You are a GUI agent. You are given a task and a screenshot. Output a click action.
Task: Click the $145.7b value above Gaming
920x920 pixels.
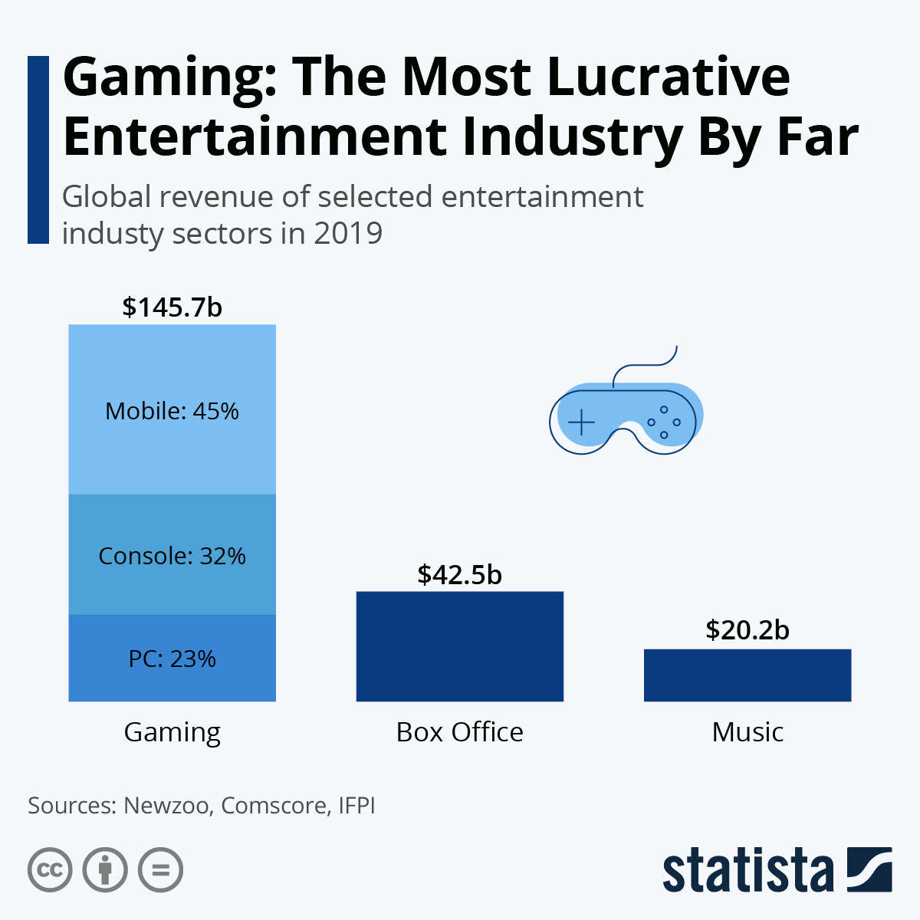pos(172,307)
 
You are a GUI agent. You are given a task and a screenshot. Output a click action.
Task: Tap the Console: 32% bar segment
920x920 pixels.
pos(172,555)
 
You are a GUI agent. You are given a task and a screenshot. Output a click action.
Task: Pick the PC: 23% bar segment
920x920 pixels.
pos(172,658)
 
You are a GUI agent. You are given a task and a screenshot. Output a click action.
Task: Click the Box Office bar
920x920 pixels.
pos(460,646)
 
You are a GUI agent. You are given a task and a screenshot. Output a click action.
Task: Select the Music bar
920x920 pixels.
pos(747,675)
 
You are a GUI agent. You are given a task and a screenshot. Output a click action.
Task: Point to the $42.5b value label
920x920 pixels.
pos(460,574)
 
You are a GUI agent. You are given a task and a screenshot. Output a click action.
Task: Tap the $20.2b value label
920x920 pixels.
pos(747,629)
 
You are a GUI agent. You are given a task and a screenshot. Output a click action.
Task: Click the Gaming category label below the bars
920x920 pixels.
pos(172,732)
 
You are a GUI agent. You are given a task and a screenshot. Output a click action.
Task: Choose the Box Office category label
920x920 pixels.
pos(460,732)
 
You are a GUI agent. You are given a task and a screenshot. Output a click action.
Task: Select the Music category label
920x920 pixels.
pos(747,732)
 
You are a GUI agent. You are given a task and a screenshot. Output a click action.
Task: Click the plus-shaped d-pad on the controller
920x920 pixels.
pos(582,422)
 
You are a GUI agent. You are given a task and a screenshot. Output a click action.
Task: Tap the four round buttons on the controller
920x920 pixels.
pos(664,422)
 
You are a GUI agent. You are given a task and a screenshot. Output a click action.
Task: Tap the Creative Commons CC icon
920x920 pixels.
pos(50,870)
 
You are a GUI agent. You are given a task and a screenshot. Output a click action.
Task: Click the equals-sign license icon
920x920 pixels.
pos(161,870)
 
